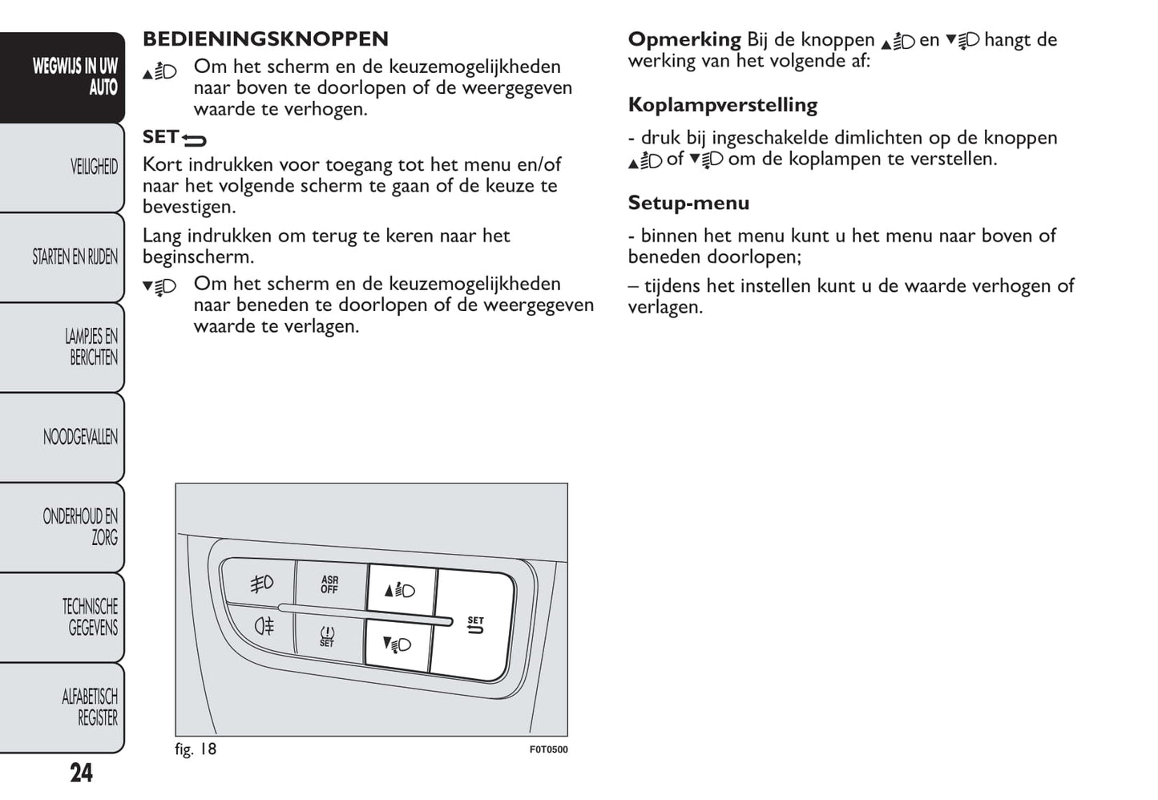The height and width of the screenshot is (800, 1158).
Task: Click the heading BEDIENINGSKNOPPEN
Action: [265, 39]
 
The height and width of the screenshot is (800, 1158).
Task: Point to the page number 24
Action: [81, 773]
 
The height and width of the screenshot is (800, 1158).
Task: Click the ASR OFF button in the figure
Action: [329, 584]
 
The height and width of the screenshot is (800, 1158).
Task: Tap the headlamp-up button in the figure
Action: [400, 591]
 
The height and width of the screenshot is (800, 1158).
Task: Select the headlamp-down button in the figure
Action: [397, 644]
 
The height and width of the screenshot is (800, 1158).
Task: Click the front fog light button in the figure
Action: [261, 583]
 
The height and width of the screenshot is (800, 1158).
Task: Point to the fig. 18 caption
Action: [196, 749]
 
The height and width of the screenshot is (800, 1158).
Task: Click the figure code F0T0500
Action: [548, 750]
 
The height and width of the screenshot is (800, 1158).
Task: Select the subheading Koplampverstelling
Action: [722, 105]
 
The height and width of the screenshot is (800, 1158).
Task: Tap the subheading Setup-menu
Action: [688, 203]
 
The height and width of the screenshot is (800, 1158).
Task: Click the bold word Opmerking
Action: [684, 39]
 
